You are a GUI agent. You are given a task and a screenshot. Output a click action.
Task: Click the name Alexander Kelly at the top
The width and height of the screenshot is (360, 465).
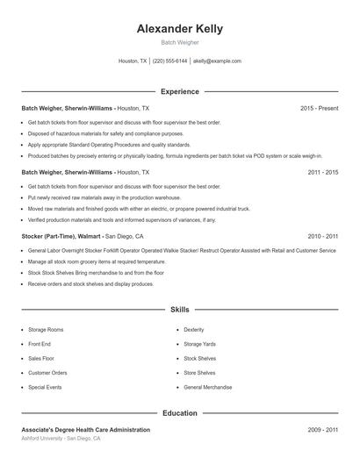point(180,28)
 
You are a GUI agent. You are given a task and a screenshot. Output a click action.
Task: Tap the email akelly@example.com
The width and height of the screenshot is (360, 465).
point(217,61)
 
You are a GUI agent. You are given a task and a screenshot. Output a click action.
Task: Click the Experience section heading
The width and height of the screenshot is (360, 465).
point(180,91)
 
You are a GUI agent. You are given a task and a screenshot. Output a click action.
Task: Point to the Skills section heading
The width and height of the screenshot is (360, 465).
point(180,310)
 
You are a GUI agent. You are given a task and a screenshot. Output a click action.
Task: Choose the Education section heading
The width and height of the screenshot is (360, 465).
point(180,412)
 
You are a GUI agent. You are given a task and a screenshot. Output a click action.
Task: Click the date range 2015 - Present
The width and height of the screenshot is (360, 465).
point(320,108)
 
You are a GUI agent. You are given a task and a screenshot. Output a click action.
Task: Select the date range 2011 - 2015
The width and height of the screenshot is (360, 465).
point(323,173)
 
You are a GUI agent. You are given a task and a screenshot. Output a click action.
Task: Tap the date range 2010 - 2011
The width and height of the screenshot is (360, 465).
point(323,237)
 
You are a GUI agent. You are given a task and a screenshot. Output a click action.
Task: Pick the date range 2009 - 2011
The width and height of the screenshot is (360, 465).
point(323,430)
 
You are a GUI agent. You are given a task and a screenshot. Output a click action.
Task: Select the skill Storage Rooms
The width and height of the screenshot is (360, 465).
point(47,330)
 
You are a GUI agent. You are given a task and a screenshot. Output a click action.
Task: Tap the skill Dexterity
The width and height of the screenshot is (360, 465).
point(194,330)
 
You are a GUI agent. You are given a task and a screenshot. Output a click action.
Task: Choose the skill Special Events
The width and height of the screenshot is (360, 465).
point(46,387)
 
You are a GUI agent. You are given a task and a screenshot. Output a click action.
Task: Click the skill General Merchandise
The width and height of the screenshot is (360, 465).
point(207,387)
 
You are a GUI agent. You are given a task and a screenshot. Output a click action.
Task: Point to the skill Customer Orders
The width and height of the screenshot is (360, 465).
point(47,373)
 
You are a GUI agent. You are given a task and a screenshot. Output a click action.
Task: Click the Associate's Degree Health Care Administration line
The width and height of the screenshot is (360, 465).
point(85,430)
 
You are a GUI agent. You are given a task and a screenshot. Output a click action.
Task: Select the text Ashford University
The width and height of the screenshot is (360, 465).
point(42,438)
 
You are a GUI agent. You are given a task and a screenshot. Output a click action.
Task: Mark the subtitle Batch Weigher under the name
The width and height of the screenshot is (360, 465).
point(180,41)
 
